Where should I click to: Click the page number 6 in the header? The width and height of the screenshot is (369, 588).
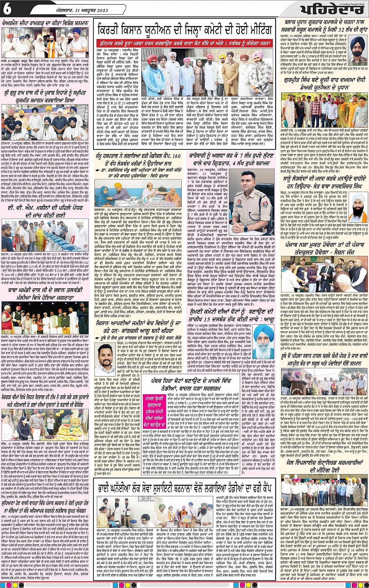point(7,8)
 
